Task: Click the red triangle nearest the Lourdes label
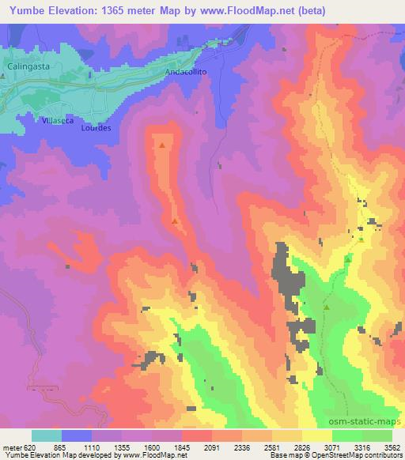click(163, 145)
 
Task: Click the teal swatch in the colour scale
click(47, 435)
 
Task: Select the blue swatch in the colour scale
click(77, 435)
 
